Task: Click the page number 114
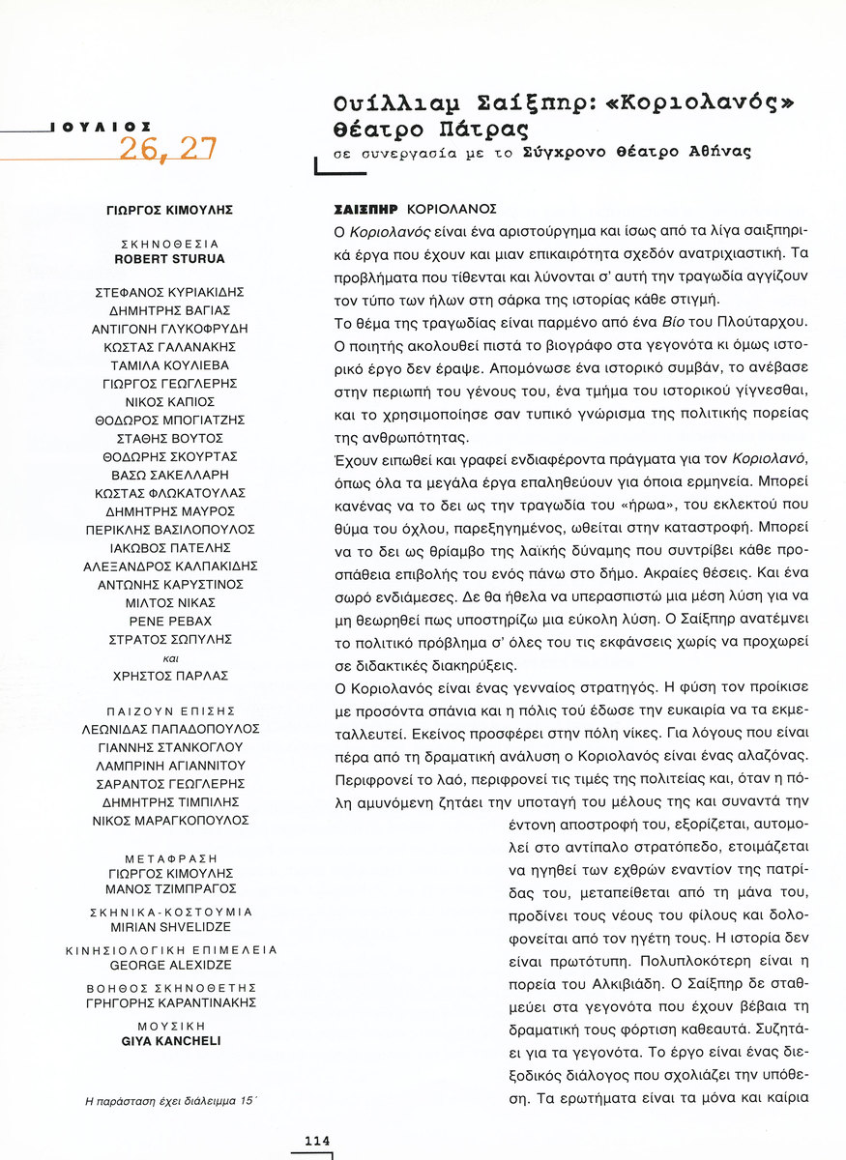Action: [x=317, y=1141]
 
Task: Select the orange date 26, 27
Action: [x=167, y=149]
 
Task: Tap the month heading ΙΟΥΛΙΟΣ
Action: [x=102, y=126]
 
